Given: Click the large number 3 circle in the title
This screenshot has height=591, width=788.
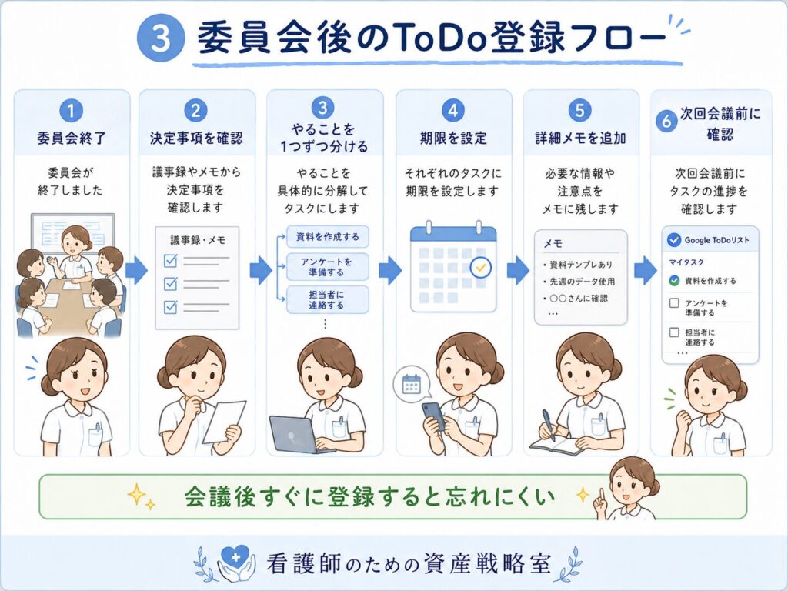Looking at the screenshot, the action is click(x=161, y=38).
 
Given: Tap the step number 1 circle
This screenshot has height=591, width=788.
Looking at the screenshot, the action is click(x=71, y=111).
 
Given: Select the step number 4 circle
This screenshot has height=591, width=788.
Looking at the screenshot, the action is click(x=452, y=111).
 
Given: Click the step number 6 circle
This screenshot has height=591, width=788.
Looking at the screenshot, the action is click(x=666, y=121).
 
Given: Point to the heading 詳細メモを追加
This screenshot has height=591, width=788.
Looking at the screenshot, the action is click(x=580, y=139).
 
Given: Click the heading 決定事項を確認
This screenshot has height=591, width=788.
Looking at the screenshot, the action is click(x=196, y=139).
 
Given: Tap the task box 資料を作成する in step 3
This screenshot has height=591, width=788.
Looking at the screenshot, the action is click(x=328, y=237).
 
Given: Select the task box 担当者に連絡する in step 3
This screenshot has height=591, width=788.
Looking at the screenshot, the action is click(x=328, y=299).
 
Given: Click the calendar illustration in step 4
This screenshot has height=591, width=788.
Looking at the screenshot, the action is click(x=453, y=266).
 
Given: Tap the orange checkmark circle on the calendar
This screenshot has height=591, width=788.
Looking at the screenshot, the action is click(x=480, y=267).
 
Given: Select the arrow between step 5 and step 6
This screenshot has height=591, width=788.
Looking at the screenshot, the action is click(x=646, y=270).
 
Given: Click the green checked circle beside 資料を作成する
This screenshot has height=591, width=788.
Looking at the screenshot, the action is click(x=674, y=281).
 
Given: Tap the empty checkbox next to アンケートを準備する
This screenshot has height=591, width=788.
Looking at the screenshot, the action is click(x=674, y=303).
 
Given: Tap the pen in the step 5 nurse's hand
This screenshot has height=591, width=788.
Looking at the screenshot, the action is click(x=548, y=425).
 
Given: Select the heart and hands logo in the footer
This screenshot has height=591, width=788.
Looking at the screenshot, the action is click(x=235, y=563).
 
